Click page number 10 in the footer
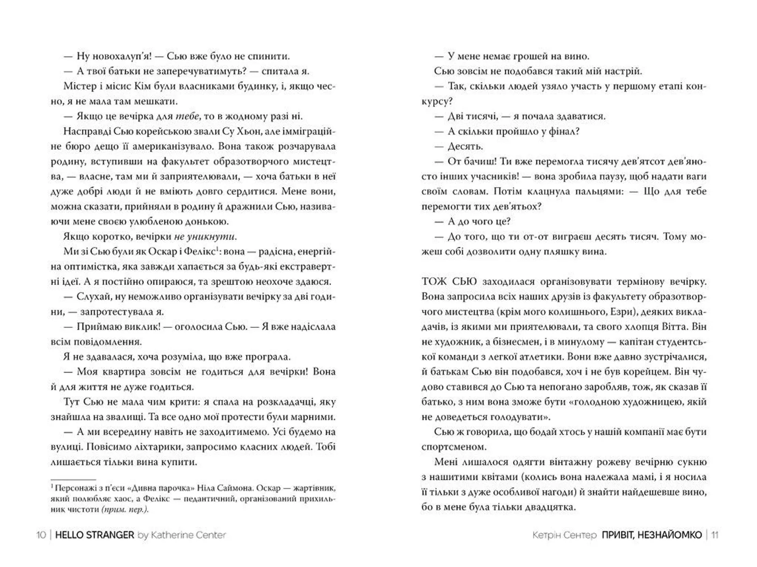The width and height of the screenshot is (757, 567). coord(41,535)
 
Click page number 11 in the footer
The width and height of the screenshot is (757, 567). coord(715,535)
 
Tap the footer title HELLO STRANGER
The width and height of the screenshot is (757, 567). coord(95,535)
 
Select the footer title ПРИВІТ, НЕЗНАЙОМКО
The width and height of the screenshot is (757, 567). coord(652,535)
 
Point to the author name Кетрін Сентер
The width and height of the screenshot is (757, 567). coord(564,535)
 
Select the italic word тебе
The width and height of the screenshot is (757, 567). coord(187,116)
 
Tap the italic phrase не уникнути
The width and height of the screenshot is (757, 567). coord(205,237)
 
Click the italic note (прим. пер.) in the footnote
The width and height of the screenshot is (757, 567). coord(125,509)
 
